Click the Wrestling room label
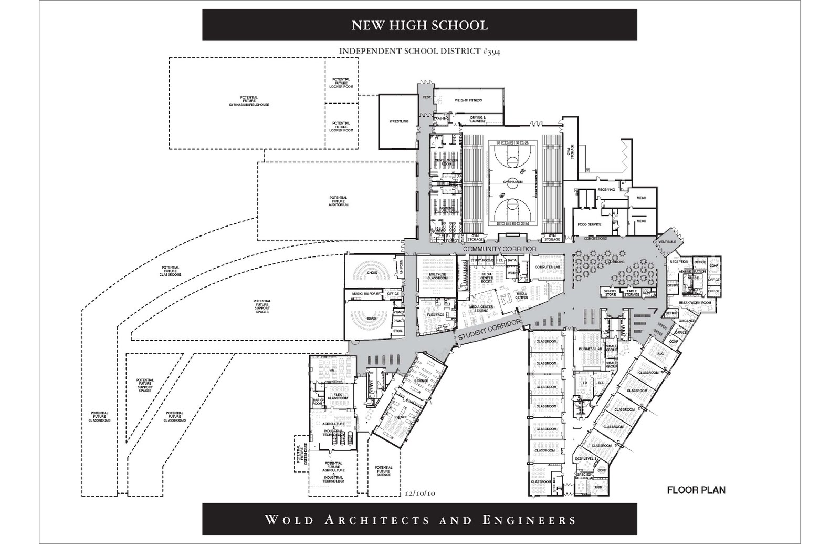pos(398,121)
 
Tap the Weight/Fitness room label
pos(468,100)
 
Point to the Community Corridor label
pos(500,249)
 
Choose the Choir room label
pos(372,273)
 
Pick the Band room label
pos(372,319)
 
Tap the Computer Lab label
pos(548,267)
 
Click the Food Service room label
pos(589,224)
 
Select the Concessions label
pos(595,239)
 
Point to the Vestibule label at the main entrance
pos(667,242)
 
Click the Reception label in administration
pos(679,262)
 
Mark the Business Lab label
pos(591,349)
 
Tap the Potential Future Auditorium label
pos(339,201)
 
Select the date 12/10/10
pos(421,494)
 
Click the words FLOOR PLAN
pos(696,490)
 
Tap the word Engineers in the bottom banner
pos(529,520)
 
